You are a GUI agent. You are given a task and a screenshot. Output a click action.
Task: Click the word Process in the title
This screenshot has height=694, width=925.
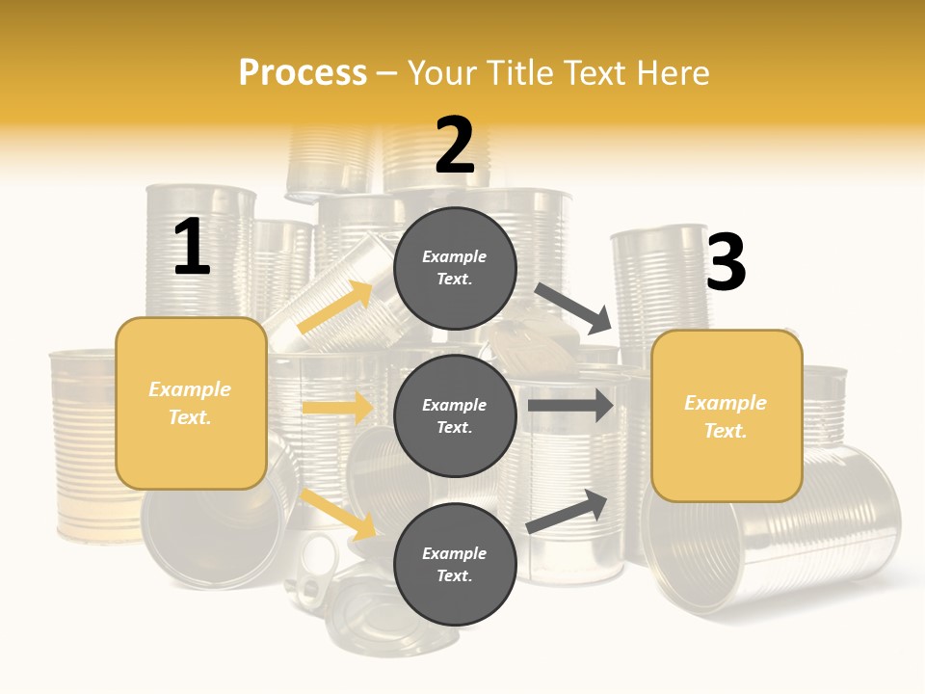click(x=303, y=72)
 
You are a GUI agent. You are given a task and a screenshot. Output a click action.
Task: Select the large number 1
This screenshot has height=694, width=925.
click(x=192, y=248)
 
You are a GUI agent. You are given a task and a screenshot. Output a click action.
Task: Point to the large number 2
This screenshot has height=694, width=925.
click(x=455, y=146)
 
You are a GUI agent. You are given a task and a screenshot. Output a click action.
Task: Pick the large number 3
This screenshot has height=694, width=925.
click(x=726, y=262)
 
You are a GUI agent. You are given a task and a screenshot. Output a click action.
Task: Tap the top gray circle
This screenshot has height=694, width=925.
click(x=455, y=267)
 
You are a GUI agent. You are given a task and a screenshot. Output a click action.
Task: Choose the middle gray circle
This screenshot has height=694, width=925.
click(x=455, y=415)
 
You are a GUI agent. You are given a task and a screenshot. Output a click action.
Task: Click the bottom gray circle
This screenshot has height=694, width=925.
click(x=455, y=564)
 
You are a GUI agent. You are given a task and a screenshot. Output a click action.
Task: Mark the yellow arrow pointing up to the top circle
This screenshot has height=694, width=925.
click(x=335, y=307)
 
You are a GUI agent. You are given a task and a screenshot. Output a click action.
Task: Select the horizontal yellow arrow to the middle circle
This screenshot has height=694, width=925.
click(x=337, y=408)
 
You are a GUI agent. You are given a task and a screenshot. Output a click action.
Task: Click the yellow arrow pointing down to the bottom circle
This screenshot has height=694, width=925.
click(x=338, y=514)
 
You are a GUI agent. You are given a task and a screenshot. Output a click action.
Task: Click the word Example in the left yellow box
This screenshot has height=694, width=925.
click(x=190, y=389)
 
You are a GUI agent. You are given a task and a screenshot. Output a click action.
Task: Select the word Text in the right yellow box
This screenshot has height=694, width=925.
click(x=726, y=431)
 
